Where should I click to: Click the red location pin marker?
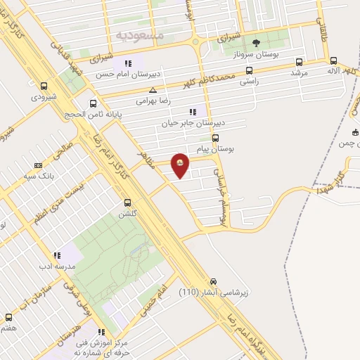pos(181,165)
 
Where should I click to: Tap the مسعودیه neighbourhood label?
pos(139,34)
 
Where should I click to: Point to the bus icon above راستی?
pos(249,70)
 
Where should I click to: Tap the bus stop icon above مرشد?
pos(300,61)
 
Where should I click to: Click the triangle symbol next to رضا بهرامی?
pos(153,89)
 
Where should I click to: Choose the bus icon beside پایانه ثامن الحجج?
pos(94,104)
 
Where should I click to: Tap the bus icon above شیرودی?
pos(44,86)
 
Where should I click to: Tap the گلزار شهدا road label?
pos(330,178)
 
